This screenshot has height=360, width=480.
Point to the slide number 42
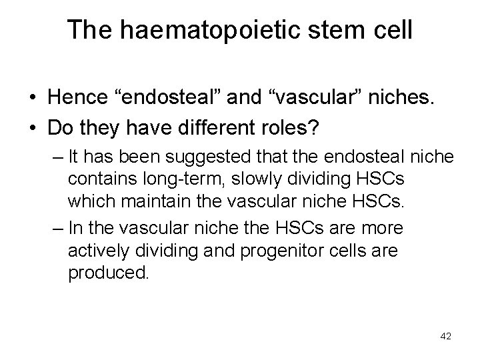[x=446, y=337]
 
